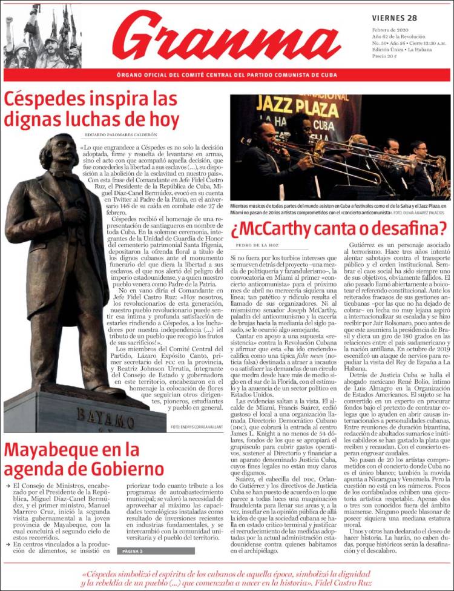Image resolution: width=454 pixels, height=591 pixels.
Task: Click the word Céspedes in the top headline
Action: tap(46, 99)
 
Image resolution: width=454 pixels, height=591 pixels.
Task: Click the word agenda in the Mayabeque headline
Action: tap(33, 470)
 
